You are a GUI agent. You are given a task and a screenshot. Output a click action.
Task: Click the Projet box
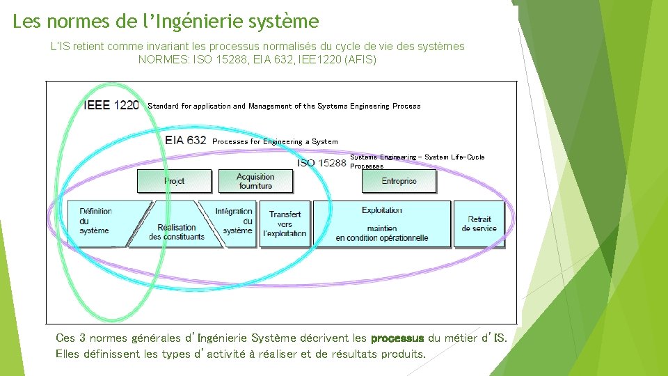[174, 181]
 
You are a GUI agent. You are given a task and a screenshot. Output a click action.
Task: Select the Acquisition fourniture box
[255, 181]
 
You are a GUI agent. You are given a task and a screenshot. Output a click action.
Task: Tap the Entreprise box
[399, 181]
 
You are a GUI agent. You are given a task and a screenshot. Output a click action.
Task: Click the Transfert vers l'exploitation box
[285, 224]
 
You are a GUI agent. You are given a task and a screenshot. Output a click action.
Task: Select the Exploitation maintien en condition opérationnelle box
[382, 224]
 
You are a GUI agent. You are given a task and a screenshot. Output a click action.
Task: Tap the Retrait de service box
[479, 224]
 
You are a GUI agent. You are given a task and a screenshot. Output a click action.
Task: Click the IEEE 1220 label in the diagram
[111, 106]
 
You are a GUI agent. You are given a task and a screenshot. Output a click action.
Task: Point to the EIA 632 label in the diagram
[186, 140]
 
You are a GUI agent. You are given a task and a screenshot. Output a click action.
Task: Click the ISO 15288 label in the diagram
[321, 163]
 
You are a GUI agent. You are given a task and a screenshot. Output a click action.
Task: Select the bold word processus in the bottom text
[397, 338]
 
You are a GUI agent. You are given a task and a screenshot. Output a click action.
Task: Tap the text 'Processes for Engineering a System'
[275, 141]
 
